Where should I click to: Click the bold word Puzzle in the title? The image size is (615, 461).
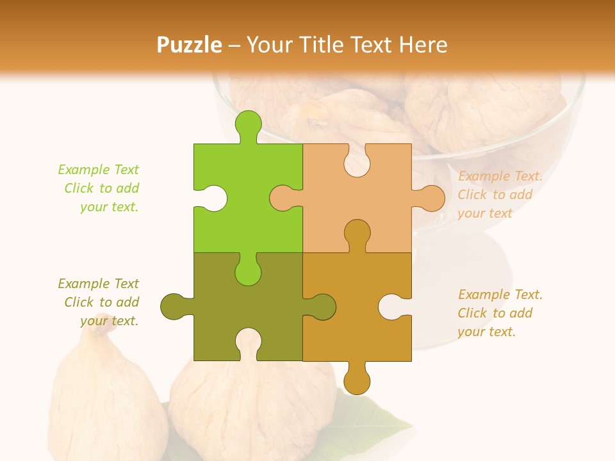pos(190,45)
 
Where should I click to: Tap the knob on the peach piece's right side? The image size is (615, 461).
pos(430,198)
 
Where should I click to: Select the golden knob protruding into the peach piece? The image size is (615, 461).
pos(357,234)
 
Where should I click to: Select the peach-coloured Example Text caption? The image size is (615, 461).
pos(500,195)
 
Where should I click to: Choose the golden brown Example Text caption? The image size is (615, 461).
pos(500,313)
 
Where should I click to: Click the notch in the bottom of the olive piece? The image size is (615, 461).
pos(249,343)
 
